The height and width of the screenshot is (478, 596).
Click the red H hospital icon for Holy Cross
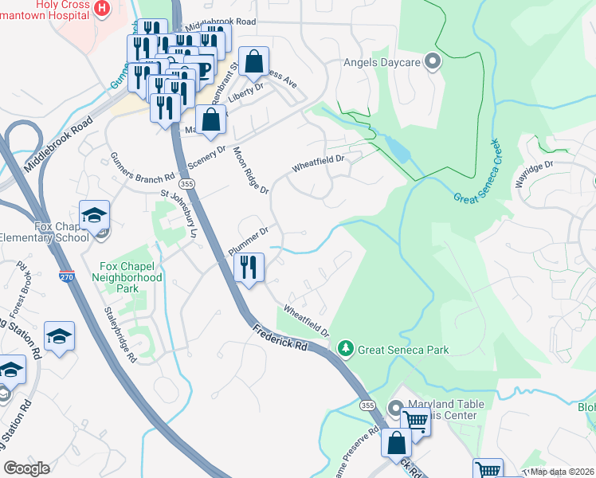102,9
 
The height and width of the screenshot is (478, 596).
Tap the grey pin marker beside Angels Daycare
433,62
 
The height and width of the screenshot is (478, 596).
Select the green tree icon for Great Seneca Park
345,349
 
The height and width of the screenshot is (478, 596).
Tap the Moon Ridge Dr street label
251,171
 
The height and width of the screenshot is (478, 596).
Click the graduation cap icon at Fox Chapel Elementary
95,216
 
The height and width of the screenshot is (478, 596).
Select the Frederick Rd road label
280,336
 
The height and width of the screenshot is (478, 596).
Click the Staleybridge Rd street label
121,335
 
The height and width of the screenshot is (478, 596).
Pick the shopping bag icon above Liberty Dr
253,61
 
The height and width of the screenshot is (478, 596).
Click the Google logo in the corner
26,468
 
